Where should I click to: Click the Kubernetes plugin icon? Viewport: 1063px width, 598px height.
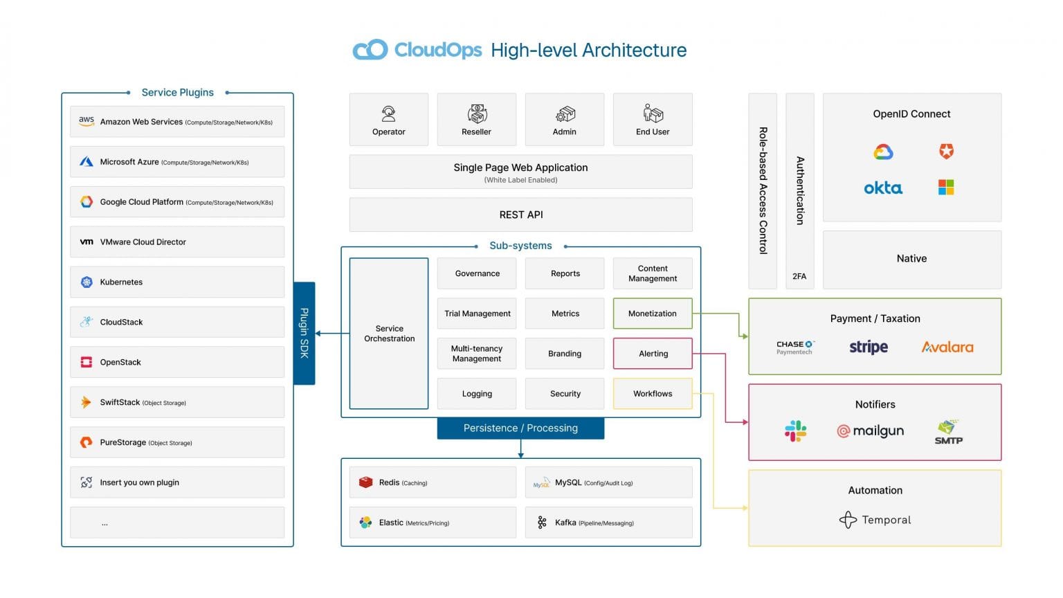(x=87, y=282)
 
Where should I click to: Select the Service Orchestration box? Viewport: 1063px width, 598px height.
(x=389, y=334)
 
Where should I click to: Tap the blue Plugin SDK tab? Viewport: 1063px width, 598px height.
(x=304, y=333)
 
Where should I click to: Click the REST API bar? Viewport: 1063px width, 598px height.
(x=520, y=215)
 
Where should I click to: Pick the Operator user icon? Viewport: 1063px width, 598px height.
(x=388, y=114)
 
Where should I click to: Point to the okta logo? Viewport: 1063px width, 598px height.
(x=882, y=188)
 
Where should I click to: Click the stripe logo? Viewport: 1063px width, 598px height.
(x=868, y=347)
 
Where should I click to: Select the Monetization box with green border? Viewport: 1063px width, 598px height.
(x=652, y=314)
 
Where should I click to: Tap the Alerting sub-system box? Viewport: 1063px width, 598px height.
(x=653, y=354)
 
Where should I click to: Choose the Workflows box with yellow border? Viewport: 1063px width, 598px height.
(x=652, y=394)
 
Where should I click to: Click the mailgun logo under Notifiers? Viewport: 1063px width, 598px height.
(x=871, y=431)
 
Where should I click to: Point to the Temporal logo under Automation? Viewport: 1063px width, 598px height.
(x=875, y=520)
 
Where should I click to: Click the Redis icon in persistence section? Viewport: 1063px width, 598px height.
(x=365, y=482)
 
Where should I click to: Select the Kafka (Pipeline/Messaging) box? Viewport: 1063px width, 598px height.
(x=608, y=523)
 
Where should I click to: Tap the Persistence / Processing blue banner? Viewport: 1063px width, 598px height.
(x=520, y=428)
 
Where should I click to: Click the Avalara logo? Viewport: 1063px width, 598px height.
(x=947, y=347)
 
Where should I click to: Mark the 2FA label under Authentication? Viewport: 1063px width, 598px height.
(x=799, y=276)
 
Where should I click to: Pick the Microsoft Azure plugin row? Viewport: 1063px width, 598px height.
(x=177, y=162)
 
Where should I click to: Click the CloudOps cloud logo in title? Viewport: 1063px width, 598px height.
(x=370, y=50)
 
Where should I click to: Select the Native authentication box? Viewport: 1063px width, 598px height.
(x=911, y=259)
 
